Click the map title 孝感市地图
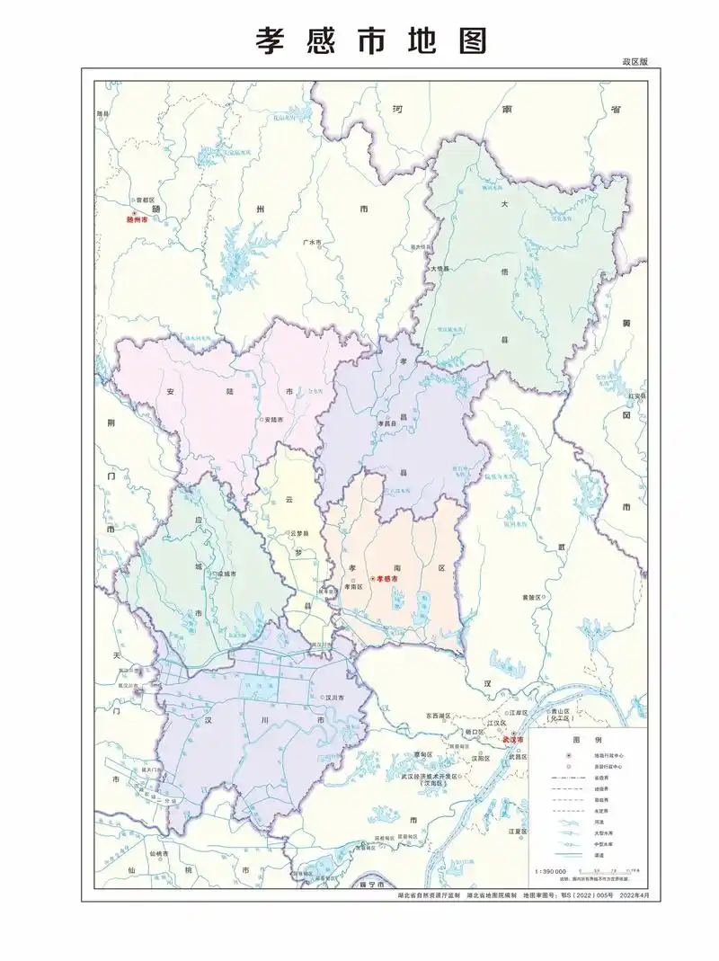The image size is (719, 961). (x=371, y=40)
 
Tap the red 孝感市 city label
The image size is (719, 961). (x=387, y=578)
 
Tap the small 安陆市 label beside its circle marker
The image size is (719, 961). (x=273, y=420)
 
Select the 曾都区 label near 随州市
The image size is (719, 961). (x=146, y=200)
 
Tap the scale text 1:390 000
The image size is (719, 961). (x=550, y=872)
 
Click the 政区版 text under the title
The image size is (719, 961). (x=634, y=62)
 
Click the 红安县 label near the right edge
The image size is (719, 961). (x=636, y=396)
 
